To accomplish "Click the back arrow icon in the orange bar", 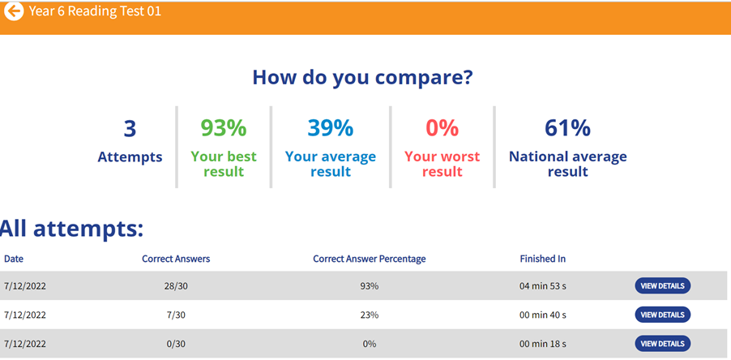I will (x=14, y=13).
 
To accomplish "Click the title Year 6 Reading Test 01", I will (x=95, y=13).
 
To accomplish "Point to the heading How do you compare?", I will (x=362, y=78).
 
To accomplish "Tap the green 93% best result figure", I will (x=223, y=128).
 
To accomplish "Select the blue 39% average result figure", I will (x=330, y=128).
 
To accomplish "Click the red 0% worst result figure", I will (x=442, y=128).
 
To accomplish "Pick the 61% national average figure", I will (x=567, y=128).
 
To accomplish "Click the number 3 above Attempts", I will (x=130, y=128).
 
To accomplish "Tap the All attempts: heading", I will (x=71, y=229).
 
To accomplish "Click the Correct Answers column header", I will (x=176, y=259).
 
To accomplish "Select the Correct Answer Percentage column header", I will (x=369, y=259).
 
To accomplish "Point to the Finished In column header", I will (x=542, y=259).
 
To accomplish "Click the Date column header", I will (x=14, y=259).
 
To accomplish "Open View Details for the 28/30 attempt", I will (x=662, y=285).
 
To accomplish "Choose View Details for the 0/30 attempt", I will (x=662, y=344).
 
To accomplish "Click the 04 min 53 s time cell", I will (x=542, y=285).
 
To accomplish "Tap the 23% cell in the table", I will (x=369, y=315).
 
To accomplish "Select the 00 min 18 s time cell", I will (x=542, y=344).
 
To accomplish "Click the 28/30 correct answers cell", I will (x=176, y=285).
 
